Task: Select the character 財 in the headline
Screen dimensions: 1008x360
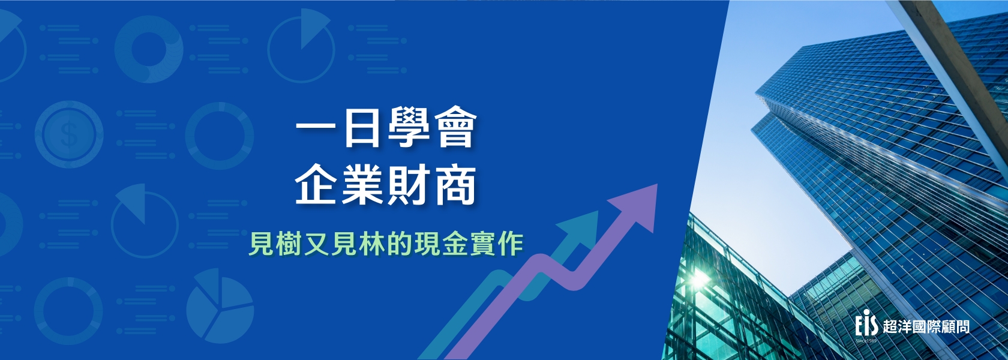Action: (x=409, y=185)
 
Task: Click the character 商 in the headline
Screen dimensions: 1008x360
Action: (x=454, y=185)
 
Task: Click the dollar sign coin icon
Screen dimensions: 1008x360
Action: (x=69, y=134)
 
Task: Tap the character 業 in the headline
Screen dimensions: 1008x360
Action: (x=362, y=185)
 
